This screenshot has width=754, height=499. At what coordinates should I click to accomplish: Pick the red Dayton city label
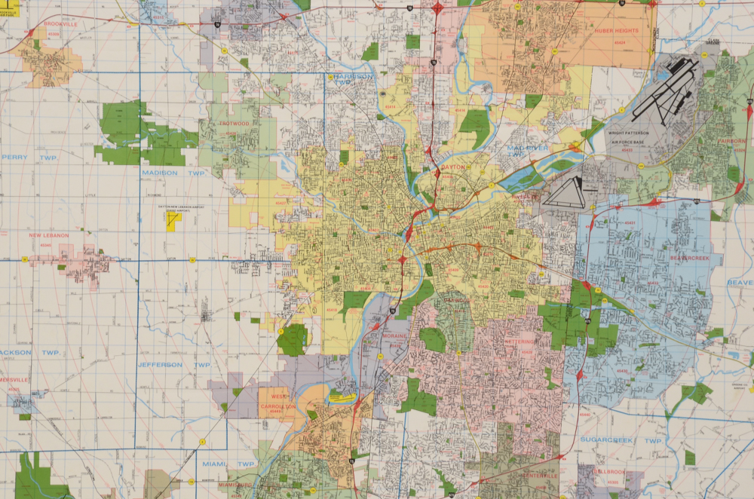tap(453, 167)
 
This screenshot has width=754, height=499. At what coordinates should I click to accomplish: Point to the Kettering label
tap(519, 341)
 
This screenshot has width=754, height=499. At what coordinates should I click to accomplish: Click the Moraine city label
tap(394, 335)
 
